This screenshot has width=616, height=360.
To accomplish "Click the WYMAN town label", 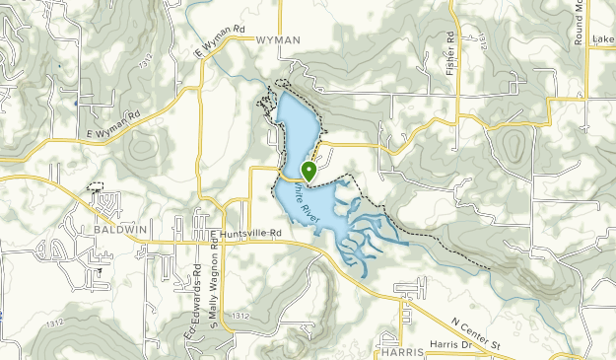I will click(277, 40).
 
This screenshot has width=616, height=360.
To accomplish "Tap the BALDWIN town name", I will click(121, 229).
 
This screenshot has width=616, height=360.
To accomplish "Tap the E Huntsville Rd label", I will click(249, 234).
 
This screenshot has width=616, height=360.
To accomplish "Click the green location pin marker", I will click(308, 171).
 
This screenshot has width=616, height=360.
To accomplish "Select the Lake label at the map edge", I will click(603, 40).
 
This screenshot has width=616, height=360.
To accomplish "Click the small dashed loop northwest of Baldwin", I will click(96, 186).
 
